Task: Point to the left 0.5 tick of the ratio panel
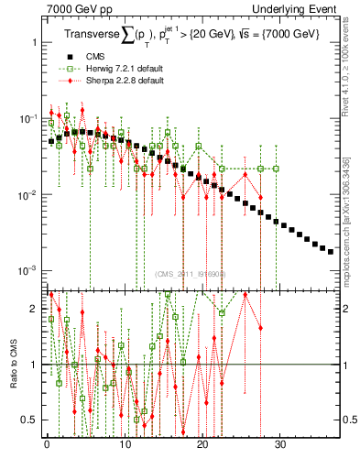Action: [x=27, y=420]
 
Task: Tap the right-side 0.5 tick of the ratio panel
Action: [x=349, y=420]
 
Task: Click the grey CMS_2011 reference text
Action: [x=190, y=274]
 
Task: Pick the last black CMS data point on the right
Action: [x=331, y=251]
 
